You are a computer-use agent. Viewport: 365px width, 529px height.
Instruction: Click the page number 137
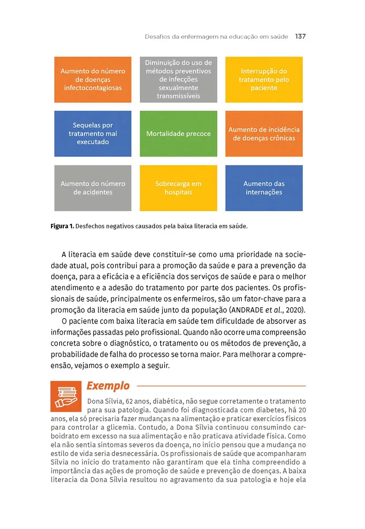300,37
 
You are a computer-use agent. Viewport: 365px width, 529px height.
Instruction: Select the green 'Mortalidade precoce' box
178,134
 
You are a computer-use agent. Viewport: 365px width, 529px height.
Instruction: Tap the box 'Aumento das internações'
264,188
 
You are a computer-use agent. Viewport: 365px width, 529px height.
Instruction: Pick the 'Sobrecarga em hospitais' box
178,188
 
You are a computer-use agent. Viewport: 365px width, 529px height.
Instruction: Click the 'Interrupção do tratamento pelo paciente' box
264,79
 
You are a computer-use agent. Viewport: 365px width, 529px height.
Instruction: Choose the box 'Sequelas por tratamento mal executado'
93,134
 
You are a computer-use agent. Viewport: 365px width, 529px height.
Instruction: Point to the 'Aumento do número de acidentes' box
93,188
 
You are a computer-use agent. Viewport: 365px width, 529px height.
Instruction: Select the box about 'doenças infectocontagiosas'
93,79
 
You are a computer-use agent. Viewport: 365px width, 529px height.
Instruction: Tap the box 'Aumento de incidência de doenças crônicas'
264,134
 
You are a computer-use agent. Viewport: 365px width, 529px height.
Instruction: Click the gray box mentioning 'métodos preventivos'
178,79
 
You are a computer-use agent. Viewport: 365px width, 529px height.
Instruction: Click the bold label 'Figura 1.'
62,227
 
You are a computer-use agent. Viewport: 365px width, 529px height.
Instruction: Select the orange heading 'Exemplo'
108,386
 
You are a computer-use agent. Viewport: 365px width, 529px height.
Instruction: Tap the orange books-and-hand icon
66,396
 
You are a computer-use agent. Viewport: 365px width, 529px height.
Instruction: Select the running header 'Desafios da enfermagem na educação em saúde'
216,37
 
